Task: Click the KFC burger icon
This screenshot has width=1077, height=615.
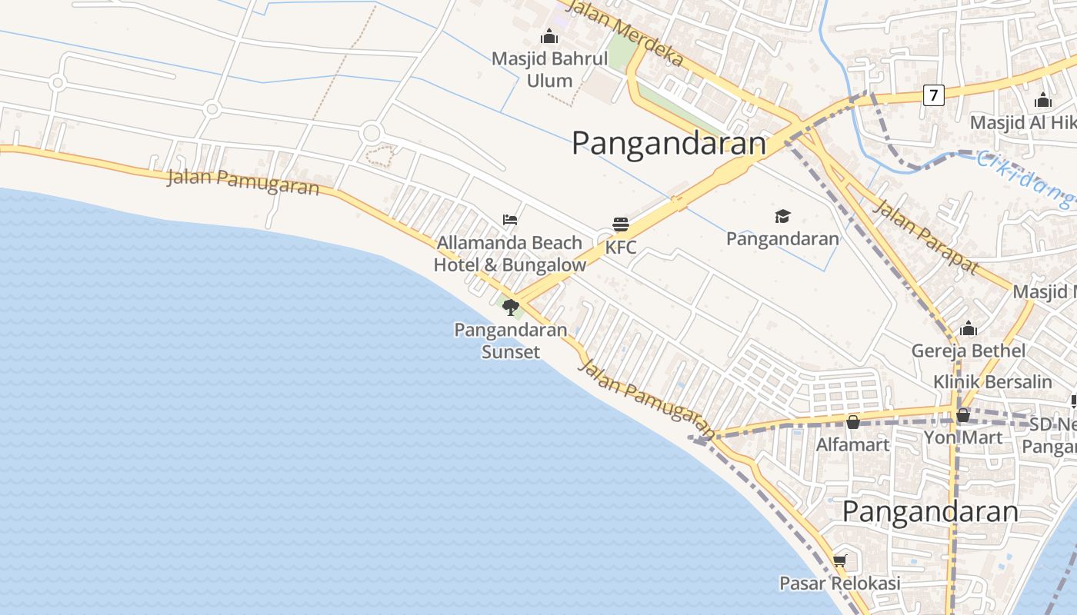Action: [x=621, y=224]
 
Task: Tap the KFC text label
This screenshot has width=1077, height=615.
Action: [x=621, y=248]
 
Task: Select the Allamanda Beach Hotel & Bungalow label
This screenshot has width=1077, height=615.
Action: [x=509, y=254]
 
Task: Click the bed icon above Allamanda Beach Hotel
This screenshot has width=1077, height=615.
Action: [x=509, y=220]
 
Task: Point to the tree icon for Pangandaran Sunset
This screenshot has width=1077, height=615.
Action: [x=510, y=308]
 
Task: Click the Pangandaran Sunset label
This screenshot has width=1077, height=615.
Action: [x=511, y=341]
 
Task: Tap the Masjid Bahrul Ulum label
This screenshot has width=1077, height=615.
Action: [x=549, y=69]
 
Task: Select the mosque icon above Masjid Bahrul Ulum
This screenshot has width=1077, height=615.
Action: [x=549, y=36]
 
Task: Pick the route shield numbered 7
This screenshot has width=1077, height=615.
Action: [x=933, y=95]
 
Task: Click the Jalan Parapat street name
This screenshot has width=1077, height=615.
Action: [x=926, y=236]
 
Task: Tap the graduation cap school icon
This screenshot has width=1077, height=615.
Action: [x=782, y=217]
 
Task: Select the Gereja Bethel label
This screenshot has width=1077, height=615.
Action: [x=968, y=351]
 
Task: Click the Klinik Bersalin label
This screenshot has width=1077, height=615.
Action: [x=992, y=381]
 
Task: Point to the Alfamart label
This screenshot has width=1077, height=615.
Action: [x=852, y=444]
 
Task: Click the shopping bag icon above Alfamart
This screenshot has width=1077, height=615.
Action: [x=852, y=422]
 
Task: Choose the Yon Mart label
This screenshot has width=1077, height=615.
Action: [x=962, y=437]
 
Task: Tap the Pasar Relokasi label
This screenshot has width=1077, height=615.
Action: [x=839, y=583]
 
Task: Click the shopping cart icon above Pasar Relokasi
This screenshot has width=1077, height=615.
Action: [x=839, y=560]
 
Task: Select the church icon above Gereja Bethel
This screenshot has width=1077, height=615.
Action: [x=968, y=329]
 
